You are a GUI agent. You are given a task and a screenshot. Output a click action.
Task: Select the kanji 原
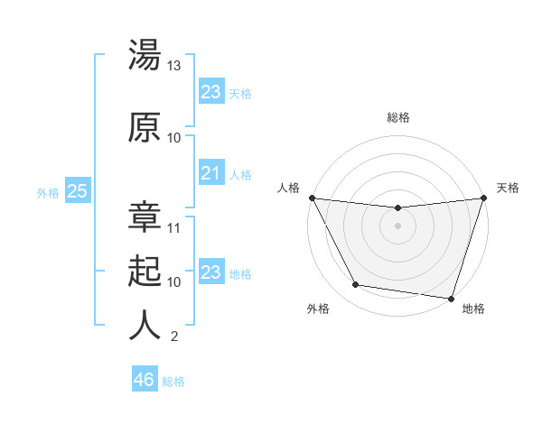click(x=145, y=128)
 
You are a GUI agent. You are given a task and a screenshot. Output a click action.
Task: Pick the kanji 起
click(x=145, y=272)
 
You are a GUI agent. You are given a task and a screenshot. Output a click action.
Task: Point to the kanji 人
click(x=145, y=326)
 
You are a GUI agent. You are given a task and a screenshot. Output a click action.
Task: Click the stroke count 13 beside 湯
click(x=174, y=66)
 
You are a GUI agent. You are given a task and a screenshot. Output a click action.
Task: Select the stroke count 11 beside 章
click(x=174, y=227)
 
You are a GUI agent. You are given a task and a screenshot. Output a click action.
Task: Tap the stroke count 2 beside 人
click(x=173, y=336)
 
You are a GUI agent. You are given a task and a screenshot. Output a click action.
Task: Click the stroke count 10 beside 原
click(x=174, y=137)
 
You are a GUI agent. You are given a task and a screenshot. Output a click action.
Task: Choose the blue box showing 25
click(x=77, y=191)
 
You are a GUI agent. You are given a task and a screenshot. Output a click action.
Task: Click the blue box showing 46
click(x=145, y=380)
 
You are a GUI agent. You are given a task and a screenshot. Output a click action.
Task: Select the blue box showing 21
click(x=210, y=173)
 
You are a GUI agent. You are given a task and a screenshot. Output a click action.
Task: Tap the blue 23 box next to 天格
click(x=210, y=92)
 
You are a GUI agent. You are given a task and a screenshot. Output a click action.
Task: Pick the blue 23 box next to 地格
click(x=210, y=272)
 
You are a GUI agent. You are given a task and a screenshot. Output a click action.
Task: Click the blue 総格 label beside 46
click(x=173, y=382)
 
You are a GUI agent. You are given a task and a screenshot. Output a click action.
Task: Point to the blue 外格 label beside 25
click(x=48, y=192)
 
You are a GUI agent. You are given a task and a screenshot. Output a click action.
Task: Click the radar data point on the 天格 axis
click(x=484, y=198)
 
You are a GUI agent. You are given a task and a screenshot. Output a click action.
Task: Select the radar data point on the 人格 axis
click(x=312, y=198)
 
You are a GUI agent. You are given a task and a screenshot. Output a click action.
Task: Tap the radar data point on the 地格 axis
click(x=452, y=298)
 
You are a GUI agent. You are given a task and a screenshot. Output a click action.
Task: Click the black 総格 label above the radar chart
click(x=398, y=117)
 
